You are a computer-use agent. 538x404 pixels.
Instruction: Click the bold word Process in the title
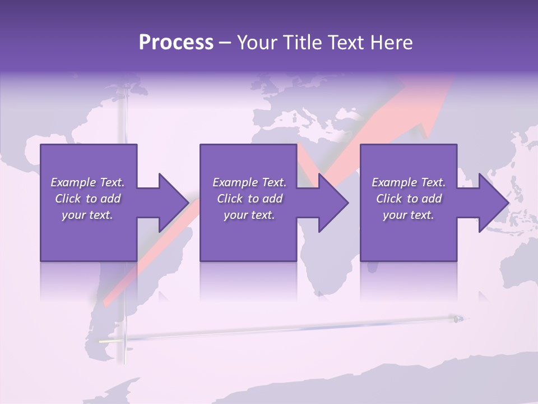point(176,43)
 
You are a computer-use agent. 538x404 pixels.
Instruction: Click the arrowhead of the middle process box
point(333,203)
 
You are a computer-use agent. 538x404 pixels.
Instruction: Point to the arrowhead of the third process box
point(494,203)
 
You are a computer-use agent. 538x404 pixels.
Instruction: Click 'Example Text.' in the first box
point(87,182)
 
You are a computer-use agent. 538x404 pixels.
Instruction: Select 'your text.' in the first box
point(87,215)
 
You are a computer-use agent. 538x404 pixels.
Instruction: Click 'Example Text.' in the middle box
point(249,182)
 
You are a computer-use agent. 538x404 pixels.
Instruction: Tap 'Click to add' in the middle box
point(249,199)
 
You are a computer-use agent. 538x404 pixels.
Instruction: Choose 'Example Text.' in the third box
point(409,182)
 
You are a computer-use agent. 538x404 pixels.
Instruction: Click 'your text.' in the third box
point(409,215)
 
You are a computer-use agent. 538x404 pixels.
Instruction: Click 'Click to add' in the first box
point(87,199)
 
